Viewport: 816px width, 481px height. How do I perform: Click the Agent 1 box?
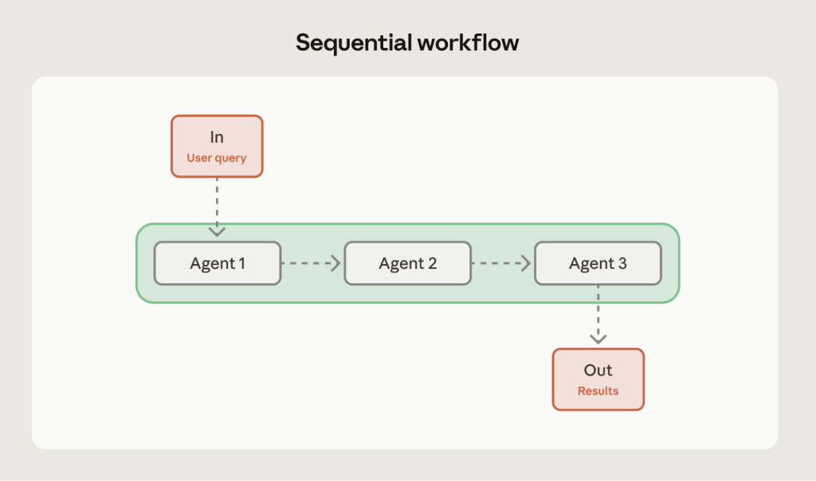pyautogui.click(x=218, y=263)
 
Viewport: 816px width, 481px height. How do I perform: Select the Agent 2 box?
pyautogui.click(x=407, y=263)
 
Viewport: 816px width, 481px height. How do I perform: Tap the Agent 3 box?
pyautogui.click(x=598, y=263)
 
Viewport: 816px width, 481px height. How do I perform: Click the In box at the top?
pyautogui.click(x=217, y=146)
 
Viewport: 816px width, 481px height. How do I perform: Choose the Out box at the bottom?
pyautogui.click(x=598, y=380)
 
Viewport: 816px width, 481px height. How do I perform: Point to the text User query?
pyautogui.click(x=217, y=158)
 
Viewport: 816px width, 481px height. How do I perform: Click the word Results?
pyautogui.click(x=598, y=392)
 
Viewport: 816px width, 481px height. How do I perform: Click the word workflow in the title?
pyautogui.click(x=468, y=43)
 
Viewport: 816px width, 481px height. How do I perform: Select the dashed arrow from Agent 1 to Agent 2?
pyautogui.click(x=311, y=263)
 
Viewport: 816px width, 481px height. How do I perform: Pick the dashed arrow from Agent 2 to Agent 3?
pyautogui.click(x=501, y=263)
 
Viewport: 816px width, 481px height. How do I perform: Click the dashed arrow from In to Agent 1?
pyautogui.click(x=217, y=203)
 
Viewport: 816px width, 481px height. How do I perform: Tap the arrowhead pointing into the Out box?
pyautogui.click(x=598, y=339)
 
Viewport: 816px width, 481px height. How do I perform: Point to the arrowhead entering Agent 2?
pyautogui.click(x=336, y=263)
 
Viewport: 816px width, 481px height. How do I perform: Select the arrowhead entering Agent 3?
pyautogui.click(x=527, y=263)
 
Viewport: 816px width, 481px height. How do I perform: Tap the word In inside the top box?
pyautogui.click(x=217, y=138)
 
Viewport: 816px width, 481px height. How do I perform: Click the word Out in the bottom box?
pyautogui.click(x=598, y=371)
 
